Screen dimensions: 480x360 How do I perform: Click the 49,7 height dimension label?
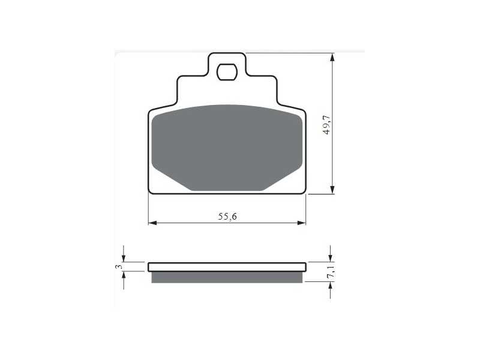[x=327, y=125]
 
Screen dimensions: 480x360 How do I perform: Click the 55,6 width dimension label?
[x=227, y=217]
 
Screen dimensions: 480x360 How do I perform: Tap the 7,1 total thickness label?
[x=331, y=272]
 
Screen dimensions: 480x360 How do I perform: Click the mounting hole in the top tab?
[x=227, y=72]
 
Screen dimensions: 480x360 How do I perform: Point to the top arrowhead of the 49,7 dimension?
[x=332, y=58]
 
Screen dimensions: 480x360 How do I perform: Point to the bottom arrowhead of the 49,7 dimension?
[x=332, y=190]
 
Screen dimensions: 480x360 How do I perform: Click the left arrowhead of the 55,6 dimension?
[x=152, y=223]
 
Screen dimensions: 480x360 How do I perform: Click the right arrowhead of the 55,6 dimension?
[x=302, y=223]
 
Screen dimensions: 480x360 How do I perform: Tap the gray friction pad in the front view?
[x=227, y=148]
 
